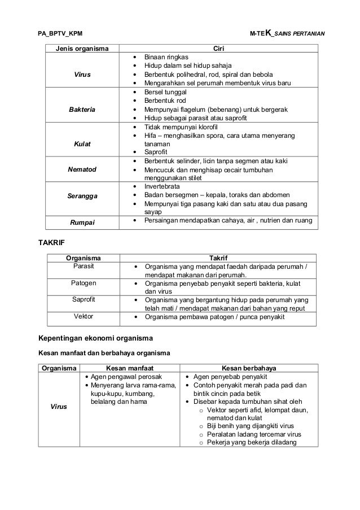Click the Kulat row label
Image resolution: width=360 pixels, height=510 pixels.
82,145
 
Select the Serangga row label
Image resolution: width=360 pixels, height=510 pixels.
82,196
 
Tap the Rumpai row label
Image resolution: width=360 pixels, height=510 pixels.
82,223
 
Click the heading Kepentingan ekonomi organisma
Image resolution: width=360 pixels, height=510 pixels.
95,339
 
